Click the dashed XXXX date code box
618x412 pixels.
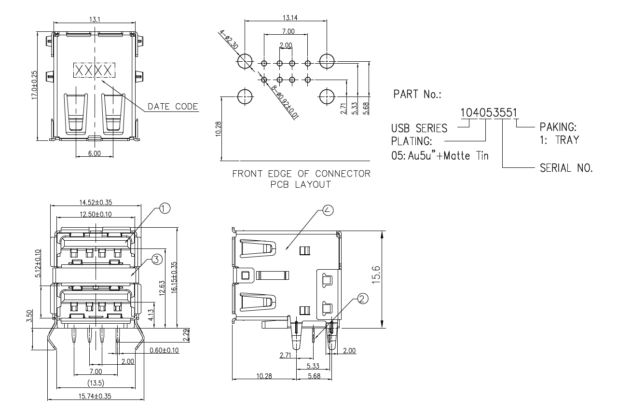tap(95, 70)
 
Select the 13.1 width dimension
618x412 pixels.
tap(95, 19)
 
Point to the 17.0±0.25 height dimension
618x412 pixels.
tap(34, 85)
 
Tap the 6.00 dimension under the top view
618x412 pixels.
tap(95, 153)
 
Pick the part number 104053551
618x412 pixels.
tap(489, 113)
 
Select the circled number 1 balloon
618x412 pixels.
tap(165, 208)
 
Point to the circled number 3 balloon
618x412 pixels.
tap(155, 260)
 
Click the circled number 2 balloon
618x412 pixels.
tap(362, 299)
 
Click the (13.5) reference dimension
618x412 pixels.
tap(95, 384)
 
